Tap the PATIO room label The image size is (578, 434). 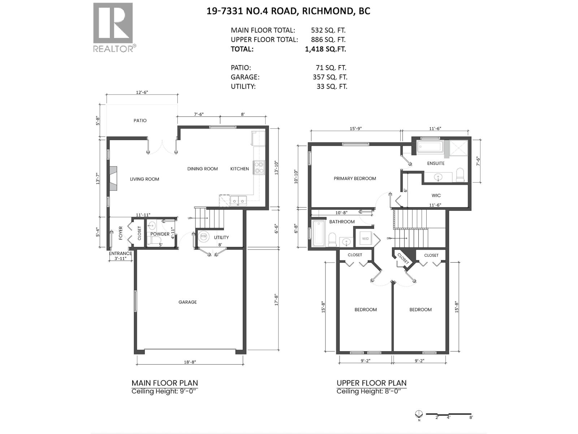(140, 120)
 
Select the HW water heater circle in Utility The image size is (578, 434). (204, 236)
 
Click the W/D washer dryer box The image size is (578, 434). (366, 239)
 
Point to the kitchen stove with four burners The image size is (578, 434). (259, 167)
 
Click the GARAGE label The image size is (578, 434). (187, 302)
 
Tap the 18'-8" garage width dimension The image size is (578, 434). (190, 362)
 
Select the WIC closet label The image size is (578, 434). (436, 195)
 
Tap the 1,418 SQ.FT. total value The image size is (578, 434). (325, 49)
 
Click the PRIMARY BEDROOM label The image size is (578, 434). (355, 178)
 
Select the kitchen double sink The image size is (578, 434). (238, 200)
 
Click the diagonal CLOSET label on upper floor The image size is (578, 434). (403, 259)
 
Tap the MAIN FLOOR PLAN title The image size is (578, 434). (164, 383)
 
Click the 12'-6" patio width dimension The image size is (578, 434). (142, 93)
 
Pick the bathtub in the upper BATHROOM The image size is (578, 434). (319, 233)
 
